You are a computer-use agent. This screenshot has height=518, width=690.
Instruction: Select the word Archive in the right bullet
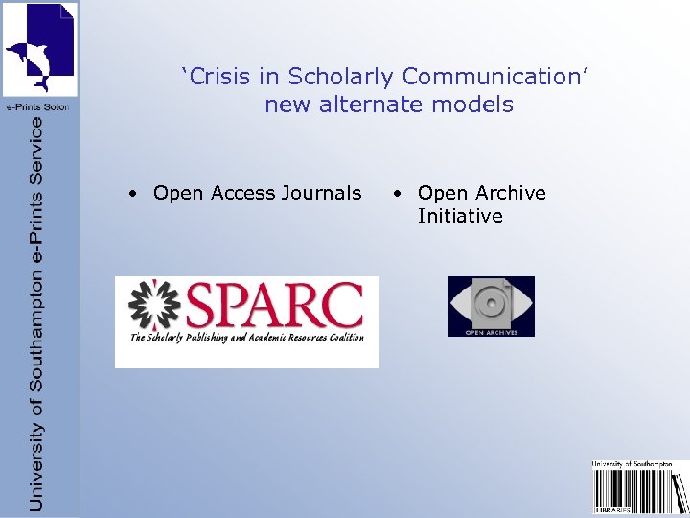tap(509, 193)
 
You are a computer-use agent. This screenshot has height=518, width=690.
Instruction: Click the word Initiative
tap(460, 216)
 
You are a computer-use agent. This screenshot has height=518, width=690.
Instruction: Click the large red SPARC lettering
tap(275, 306)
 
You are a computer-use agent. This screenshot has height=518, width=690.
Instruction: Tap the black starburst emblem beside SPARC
tap(155, 306)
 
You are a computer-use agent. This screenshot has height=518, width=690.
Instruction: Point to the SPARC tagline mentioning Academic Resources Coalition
tap(247, 338)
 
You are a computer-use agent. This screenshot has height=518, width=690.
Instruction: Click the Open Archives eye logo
tap(492, 305)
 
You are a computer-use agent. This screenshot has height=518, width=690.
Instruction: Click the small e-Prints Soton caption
tap(37, 106)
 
